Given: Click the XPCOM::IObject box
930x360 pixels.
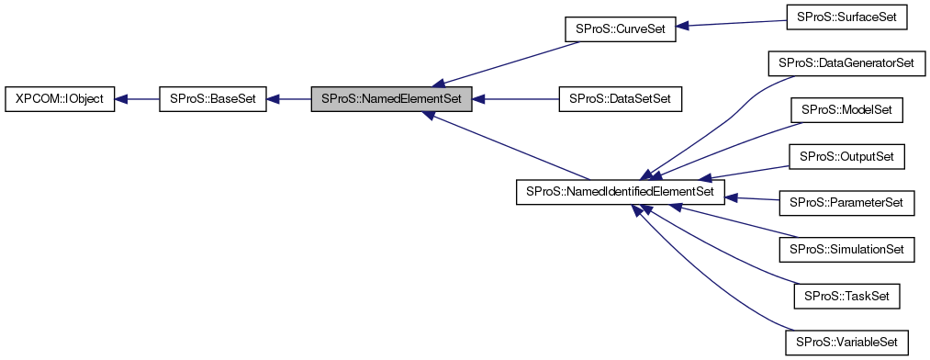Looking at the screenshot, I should click(60, 97).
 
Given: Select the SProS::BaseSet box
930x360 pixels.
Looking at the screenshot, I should click(213, 97).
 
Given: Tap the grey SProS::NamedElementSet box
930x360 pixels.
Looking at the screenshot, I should click(392, 97).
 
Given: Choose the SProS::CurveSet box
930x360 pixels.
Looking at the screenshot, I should click(620, 28).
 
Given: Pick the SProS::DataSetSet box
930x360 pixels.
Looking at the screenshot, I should click(621, 97).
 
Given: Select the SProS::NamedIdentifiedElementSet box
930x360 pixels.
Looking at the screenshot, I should click(621, 192).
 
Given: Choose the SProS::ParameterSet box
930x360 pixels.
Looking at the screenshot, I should click(846, 203).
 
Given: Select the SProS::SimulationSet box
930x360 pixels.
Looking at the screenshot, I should click(846, 249).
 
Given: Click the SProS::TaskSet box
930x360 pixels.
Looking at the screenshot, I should click(846, 296).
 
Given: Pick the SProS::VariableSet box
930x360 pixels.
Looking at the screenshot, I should click(846, 342).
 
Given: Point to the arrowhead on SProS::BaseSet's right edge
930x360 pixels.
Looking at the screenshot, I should click(275, 97).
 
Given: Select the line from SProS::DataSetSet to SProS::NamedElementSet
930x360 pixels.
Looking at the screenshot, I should click(519, 97).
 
